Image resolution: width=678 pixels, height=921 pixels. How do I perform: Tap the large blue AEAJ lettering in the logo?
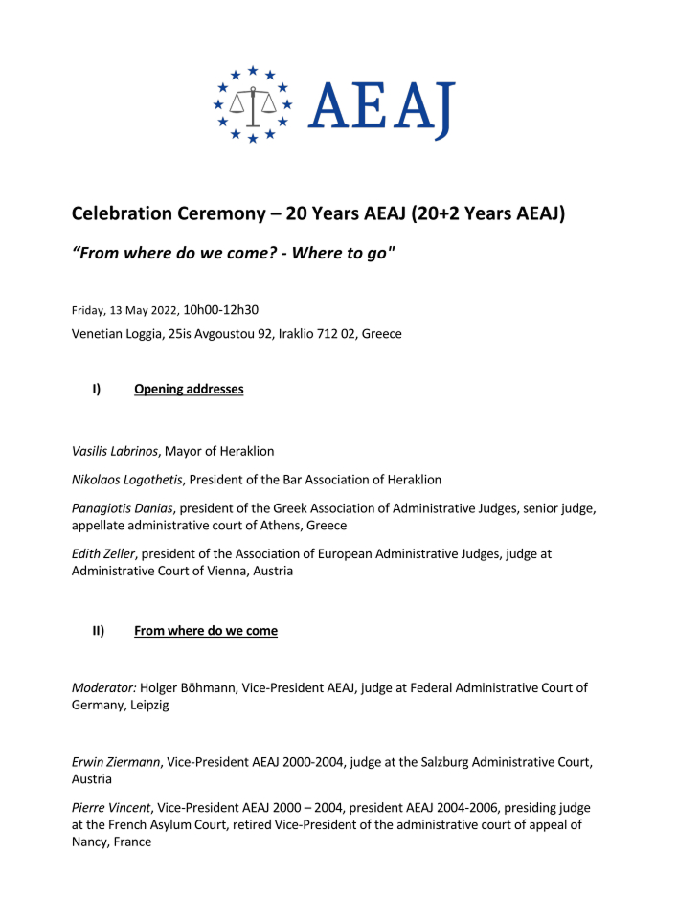(381, 106)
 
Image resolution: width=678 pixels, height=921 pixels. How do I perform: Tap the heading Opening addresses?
(189, 389)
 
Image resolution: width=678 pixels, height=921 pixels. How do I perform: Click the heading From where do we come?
(206, 631)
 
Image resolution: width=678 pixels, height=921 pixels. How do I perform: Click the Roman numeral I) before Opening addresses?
(97, 389)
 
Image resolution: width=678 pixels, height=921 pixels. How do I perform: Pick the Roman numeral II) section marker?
(98, 631)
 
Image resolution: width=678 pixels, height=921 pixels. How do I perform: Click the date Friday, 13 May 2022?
(124, 310)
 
